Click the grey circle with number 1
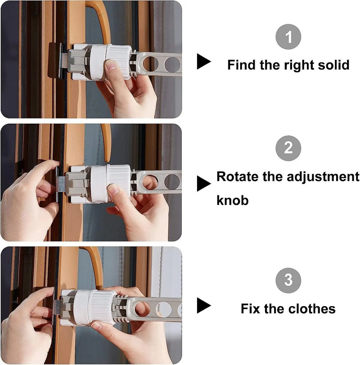[288, 37]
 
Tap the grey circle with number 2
[288, 148]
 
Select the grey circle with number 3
[288, 280]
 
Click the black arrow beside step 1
[204, 62]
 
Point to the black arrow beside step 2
[204, 183]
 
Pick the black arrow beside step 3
[204, 305]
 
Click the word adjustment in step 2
[323, 177]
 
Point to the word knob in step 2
[233, 200]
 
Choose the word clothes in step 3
[311, 309]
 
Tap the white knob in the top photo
[109, 62]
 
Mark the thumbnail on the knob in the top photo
[111, 65]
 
